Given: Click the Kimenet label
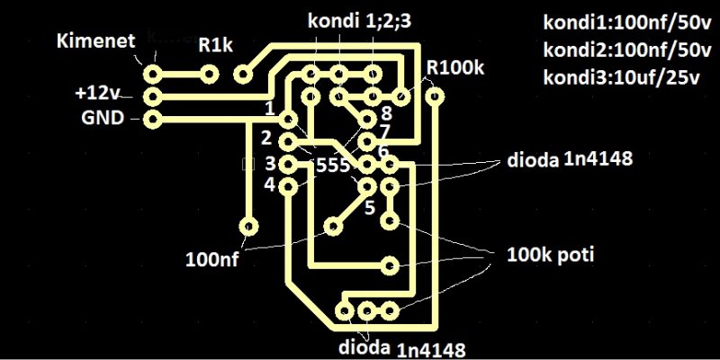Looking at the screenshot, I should click(94, 40).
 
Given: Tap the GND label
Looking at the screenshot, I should click(102, 117).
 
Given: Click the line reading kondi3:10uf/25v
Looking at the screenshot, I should click(621, 77).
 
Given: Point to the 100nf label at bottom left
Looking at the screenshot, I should click(213, 260).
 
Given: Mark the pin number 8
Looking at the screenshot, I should click(385, 113).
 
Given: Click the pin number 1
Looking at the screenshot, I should click(269, 110).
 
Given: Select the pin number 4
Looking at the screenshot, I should click(268, 184).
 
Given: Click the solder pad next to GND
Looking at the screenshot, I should click(154, 118).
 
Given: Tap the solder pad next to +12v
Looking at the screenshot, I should click(154, 94).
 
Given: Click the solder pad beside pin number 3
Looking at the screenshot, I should click(288, 165).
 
